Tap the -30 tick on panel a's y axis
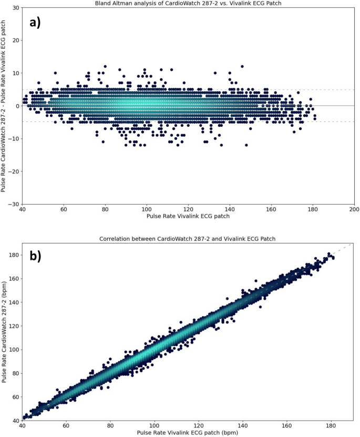[13, 204]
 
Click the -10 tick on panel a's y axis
[13, 139]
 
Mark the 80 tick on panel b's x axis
[110, 426]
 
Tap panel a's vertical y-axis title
[5, 106]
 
